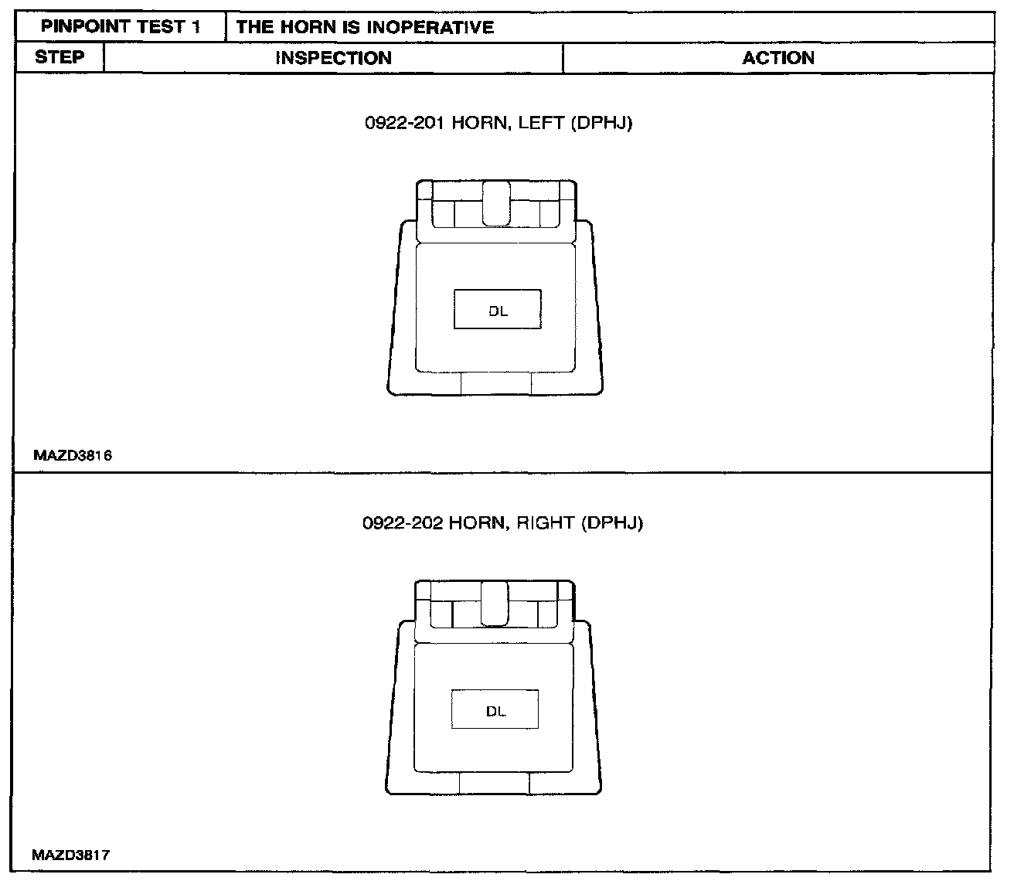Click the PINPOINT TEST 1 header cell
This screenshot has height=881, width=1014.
coord(121,27)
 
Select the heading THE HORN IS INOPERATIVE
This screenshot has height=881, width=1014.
coord(365,28)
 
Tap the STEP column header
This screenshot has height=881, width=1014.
coord(60,57)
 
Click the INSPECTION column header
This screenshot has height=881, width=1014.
coord(333,58)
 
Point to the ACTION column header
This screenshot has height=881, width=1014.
coord(778,58)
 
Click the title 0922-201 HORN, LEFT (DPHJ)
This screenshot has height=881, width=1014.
coord(498,123)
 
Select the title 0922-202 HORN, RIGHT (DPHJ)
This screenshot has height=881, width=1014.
coord(502,523)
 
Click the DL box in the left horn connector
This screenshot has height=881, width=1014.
coord(498,310)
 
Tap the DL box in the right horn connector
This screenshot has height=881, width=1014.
coord(495,710)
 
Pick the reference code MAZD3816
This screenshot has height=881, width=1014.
coord(73,456)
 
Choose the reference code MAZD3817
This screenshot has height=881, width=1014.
coord(71,855)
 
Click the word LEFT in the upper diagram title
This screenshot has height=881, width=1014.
coord(541,123)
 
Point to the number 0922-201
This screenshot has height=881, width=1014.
coord(403,123)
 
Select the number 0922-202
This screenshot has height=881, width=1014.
coord(402,523)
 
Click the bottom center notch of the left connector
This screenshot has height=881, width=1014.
coord(496,383)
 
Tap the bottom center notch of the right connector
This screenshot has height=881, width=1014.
coord(495,784)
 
